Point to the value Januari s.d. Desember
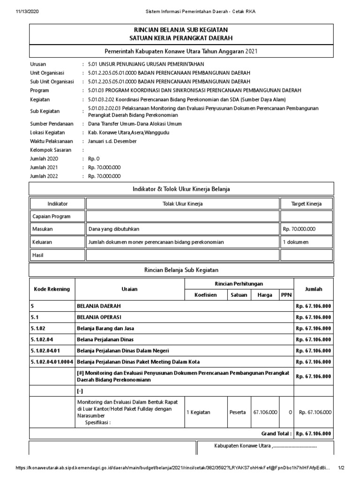[x=112, y=141]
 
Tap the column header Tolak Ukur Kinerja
[x=182, y=204]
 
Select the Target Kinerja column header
[x=307, y=204]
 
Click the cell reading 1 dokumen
[x=295, y=242]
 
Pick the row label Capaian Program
[x=51, y=217]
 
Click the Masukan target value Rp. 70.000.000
[x=299, y=229]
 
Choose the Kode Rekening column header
[x=52, y=289]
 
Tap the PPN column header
[x=285, y=295]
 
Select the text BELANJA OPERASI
[x=97, y=317]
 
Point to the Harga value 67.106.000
[x=265, y=412]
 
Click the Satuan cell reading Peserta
[x=238, y=412]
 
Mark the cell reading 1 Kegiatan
[x=198, y=412]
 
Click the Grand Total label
[x=277, y=434]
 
